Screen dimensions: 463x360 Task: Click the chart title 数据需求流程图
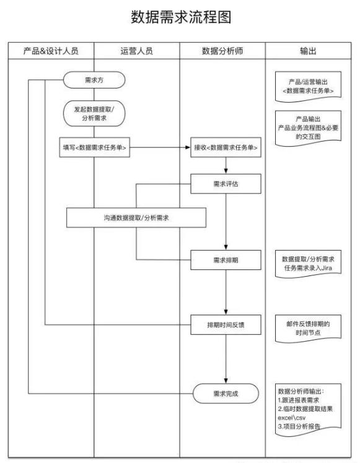[x=181, y=18]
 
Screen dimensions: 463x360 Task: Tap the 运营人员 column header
[x=137, y=51]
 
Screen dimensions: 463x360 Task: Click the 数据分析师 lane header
[x=222, y=51]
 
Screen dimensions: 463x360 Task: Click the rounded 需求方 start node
[x=94, y=80]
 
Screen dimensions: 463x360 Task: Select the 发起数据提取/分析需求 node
[x=94, y=113]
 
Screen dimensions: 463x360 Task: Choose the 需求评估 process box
[x=226, y=183]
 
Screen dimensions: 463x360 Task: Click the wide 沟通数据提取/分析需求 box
[x=136, y=217]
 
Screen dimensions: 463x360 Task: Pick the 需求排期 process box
[x=226, y=261]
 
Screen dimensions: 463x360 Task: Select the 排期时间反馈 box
[x=226, y=323]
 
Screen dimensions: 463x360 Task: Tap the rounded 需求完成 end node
[x=226, y=393]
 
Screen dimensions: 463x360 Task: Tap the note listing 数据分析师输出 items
[x=308, y=409]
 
